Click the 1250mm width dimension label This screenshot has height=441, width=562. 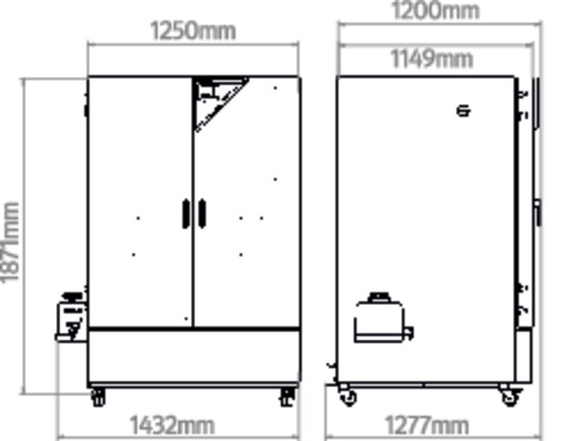193,31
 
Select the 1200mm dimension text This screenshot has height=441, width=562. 434,10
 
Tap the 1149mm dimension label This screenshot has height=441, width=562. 432,58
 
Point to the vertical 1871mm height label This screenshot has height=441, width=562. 9,242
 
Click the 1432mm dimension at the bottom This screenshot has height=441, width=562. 171,425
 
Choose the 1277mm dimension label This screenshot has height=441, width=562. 427,425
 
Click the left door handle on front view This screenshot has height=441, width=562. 185,213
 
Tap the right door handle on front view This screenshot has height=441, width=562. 202,213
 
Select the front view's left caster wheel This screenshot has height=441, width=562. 98,396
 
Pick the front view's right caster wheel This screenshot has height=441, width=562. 287,396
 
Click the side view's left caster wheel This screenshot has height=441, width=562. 346,396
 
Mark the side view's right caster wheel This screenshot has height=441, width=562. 509,396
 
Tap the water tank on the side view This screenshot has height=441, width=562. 380,319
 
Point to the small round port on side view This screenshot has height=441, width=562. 463,110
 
